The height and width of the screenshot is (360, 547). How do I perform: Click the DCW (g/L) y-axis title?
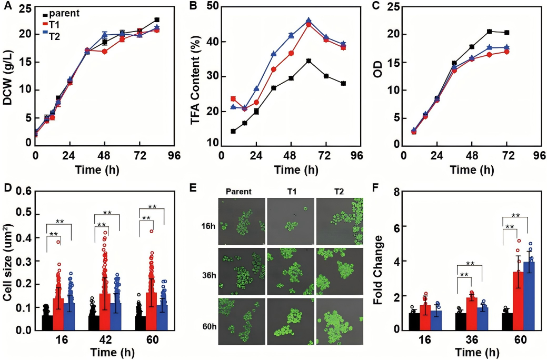[x=8, y=76]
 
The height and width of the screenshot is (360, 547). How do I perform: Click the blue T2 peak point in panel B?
[x=309, y=21]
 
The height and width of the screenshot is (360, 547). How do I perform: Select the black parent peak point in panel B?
[x=309, y=61]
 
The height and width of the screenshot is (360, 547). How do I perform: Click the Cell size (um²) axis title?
[x=9, y=261]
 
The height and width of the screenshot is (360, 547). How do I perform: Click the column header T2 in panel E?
[x=339, y=192]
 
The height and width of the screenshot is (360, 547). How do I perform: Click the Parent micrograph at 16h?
[x=240, y=222]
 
